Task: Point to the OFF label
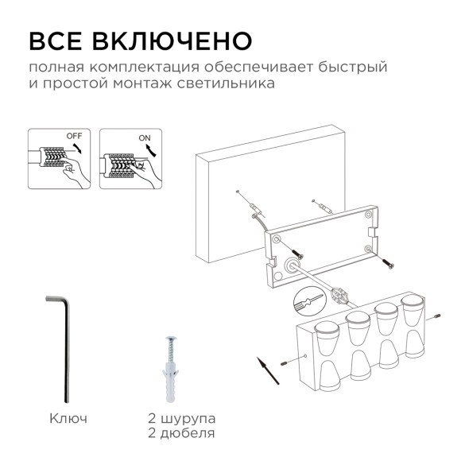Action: click(x=74, y=136)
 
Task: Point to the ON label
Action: click(x=145, y=138)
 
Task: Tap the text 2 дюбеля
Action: click(x=180, y=433)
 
